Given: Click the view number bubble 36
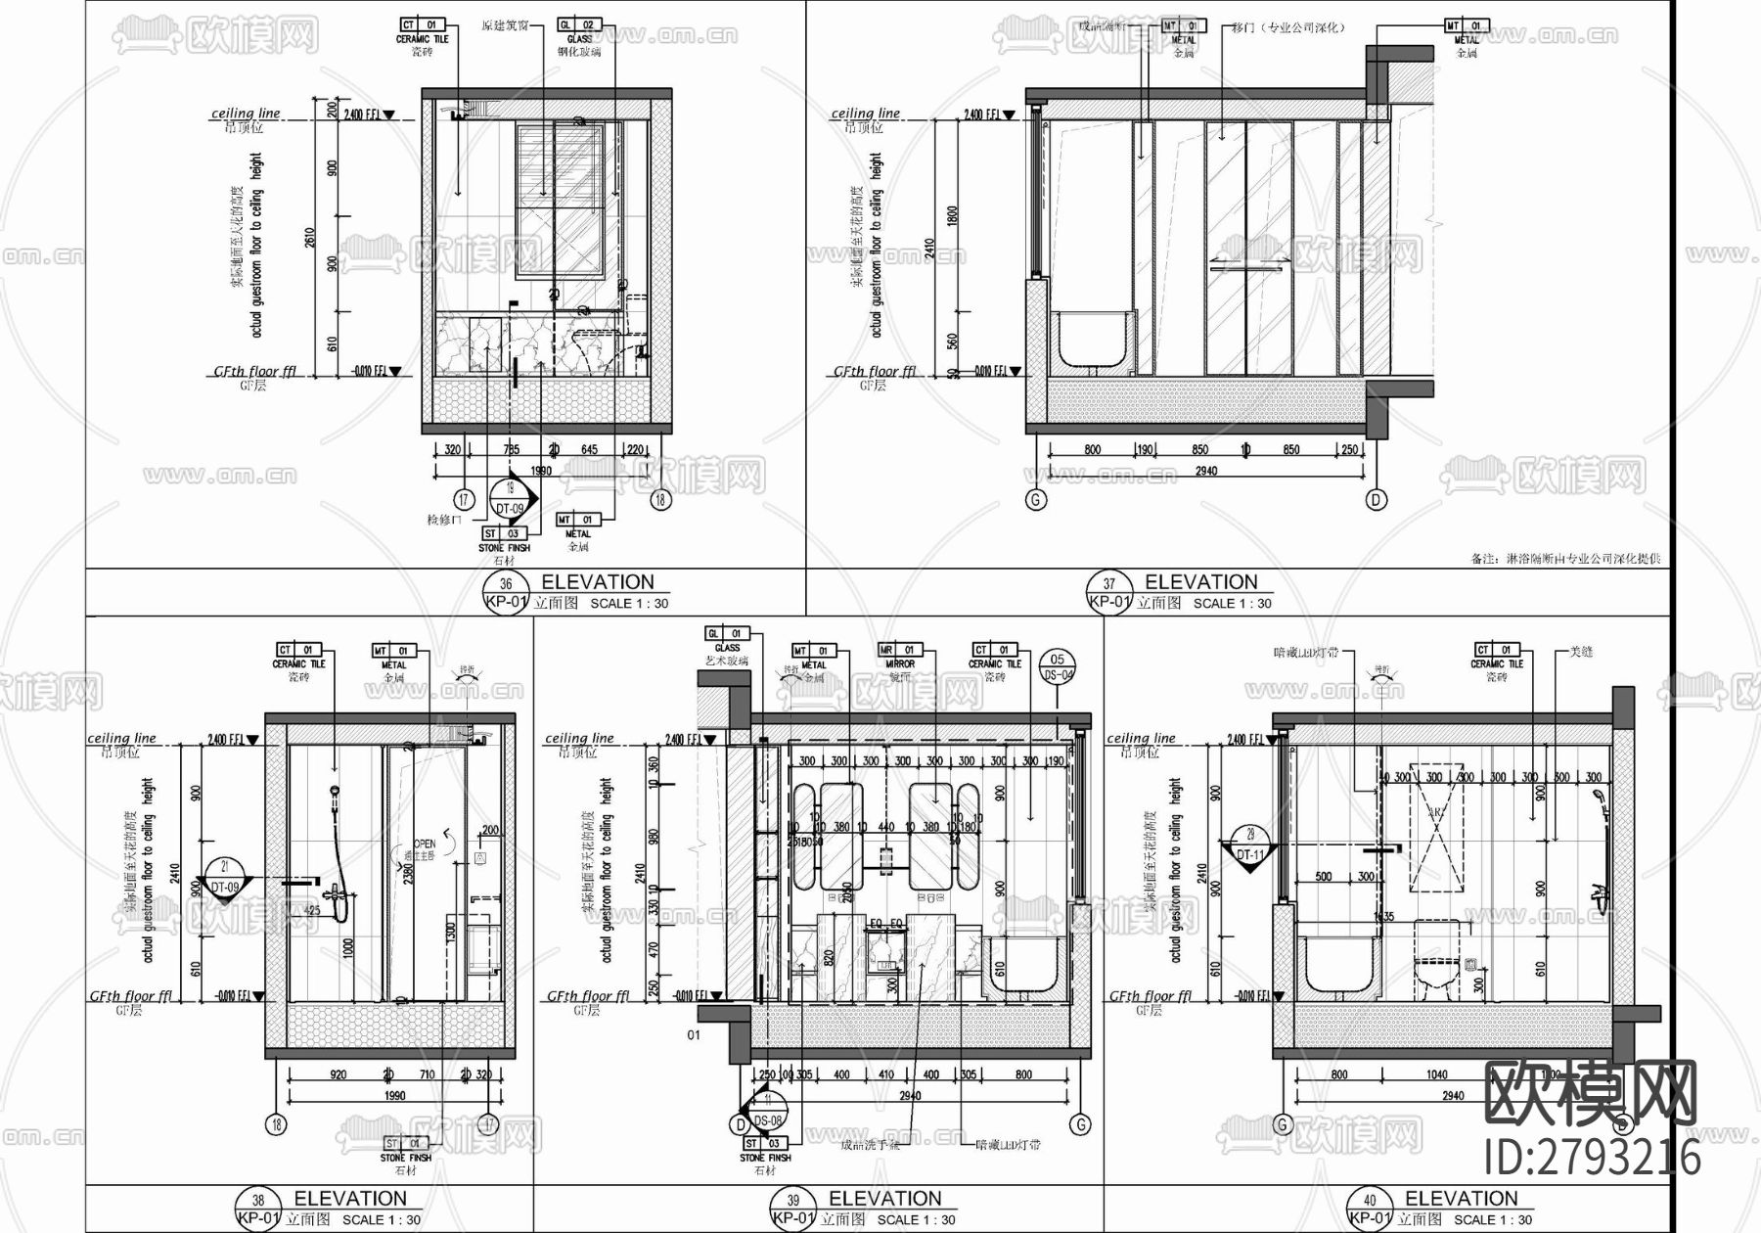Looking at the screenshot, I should pos(506,584).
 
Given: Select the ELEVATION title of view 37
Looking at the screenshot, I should pos(1200,582).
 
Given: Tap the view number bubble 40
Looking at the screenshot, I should pos(1369,1201).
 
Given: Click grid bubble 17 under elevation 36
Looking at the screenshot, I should pos(464,499).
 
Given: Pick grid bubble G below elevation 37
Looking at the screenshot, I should pos(1035,500).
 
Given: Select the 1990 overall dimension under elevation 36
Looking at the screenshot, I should pos(540,471).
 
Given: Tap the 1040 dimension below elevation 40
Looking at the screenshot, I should pos(1436,1074).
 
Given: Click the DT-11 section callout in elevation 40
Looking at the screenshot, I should pos(1250,847).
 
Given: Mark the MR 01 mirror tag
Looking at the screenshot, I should pos(899,650).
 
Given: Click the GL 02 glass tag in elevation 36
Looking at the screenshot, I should pos(578,24).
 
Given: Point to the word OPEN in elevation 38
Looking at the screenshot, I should pos(425,844).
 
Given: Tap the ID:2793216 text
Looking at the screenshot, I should pos(1593,1158).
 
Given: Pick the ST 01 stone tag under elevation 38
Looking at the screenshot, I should pos(405,1143).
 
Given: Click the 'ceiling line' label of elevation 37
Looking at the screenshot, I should pos(865,114).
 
